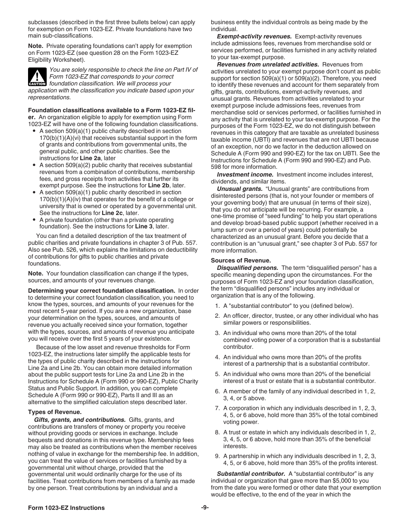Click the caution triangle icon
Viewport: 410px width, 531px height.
[x=37, y=76]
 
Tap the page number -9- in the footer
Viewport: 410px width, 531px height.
[x=205, y=508]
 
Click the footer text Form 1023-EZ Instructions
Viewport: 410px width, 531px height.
[x=66, y=508]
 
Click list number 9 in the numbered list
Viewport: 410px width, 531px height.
[x=218, y=456]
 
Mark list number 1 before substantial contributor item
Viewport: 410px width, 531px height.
[x=218, y=306]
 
